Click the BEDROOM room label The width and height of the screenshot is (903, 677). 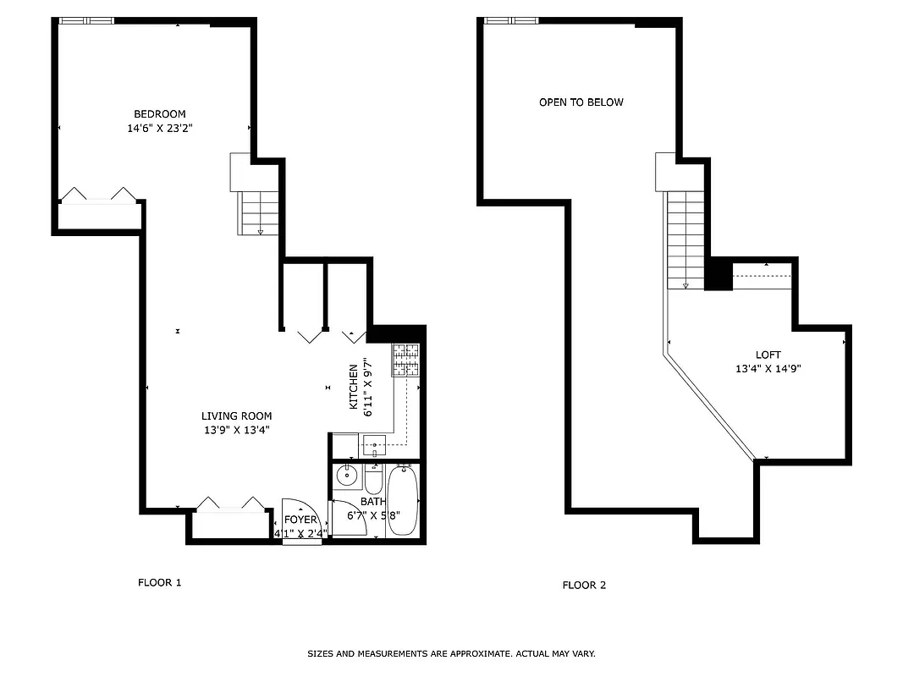(159, 114)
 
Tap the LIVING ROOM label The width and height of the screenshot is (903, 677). (236, 416)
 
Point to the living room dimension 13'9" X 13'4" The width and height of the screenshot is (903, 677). (236, 430)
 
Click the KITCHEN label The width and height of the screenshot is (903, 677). (355, 387)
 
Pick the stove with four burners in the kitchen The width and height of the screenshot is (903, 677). (405, 360)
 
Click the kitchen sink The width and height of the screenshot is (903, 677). (374, 443)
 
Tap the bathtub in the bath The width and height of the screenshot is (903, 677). (403, 500)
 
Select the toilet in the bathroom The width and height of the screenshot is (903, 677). (374, 479)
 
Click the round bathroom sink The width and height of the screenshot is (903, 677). (346, 476)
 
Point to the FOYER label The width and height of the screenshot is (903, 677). (300, 520)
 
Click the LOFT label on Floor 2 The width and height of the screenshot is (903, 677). (768, 355)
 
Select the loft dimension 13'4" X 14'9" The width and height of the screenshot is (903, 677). (768, 369)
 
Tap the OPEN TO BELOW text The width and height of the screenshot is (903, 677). (581, 102)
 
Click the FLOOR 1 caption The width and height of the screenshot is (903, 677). (160, 582)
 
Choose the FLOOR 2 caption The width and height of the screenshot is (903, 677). (585, 585)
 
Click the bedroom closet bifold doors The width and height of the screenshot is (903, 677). (97, 195)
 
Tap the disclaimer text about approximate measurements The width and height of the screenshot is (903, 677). (451, 653)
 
